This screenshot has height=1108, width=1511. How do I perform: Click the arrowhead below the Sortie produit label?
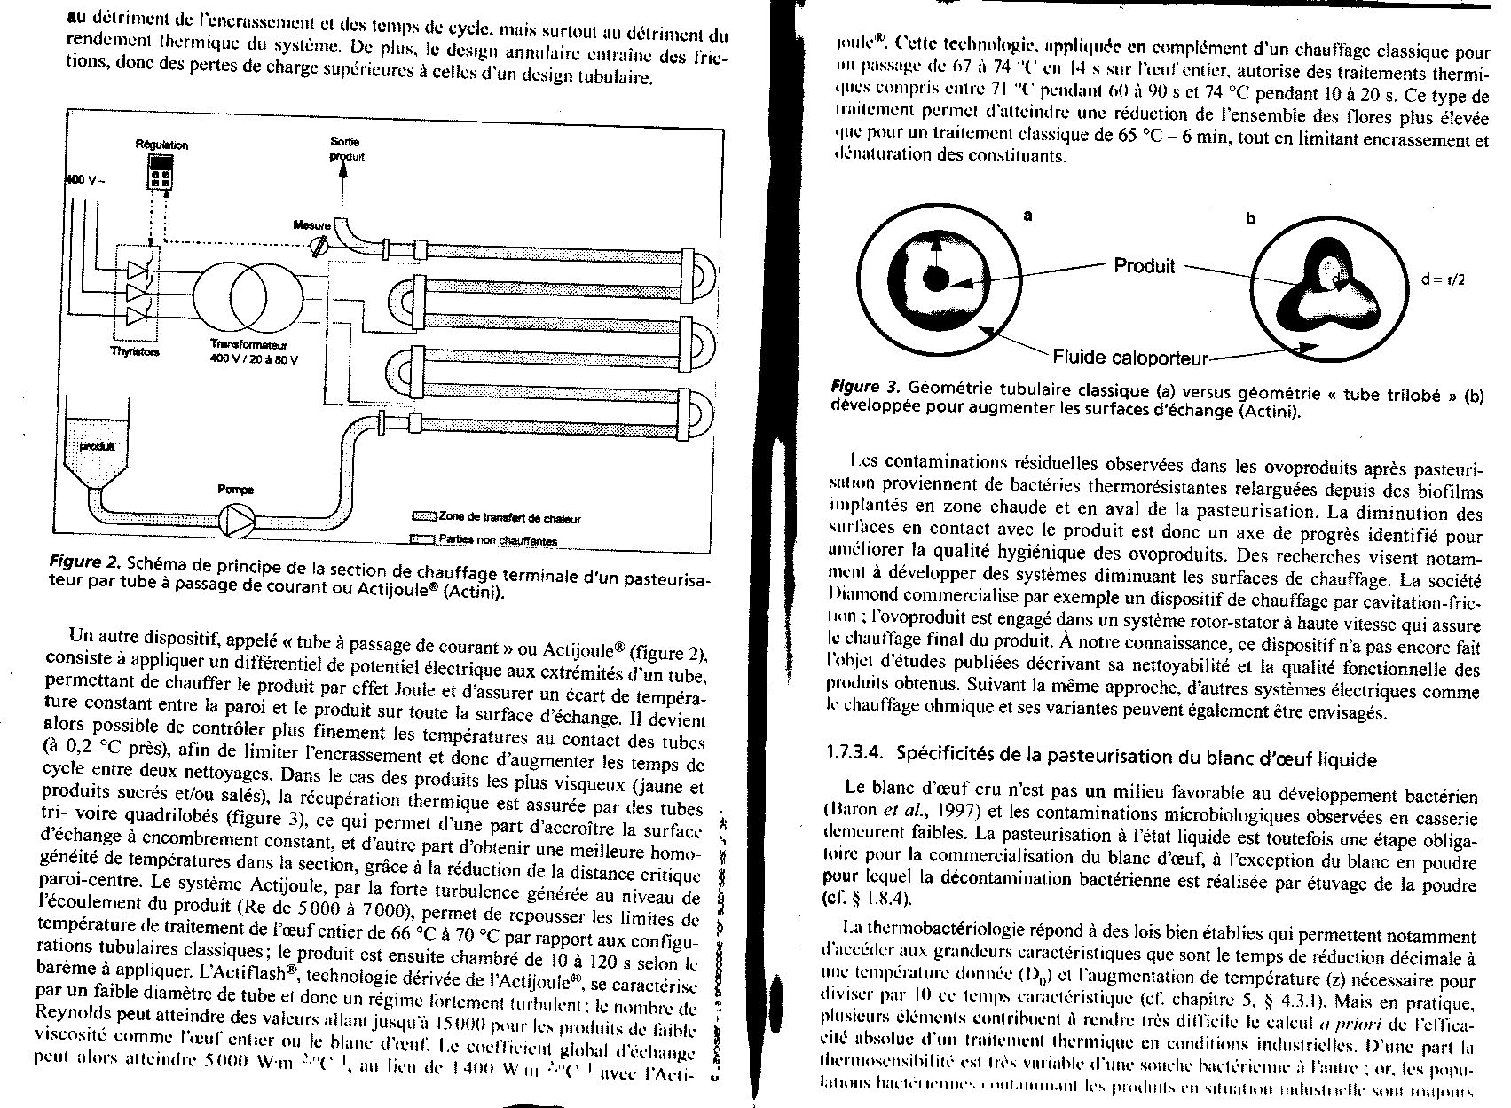coord(343,174)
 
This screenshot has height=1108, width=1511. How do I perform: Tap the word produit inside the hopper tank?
coord(98,446)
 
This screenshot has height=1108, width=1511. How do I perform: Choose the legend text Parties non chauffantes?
coord(498,539)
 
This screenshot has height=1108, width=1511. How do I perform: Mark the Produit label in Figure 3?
coord(1144,265)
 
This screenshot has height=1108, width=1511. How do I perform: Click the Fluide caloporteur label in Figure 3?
coord(1130,358)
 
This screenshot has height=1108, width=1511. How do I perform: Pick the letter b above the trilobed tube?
coord(1250,219)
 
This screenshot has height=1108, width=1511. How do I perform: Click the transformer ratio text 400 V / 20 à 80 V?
coord(253,358)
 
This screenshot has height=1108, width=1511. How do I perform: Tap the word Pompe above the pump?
coord(235,489)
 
